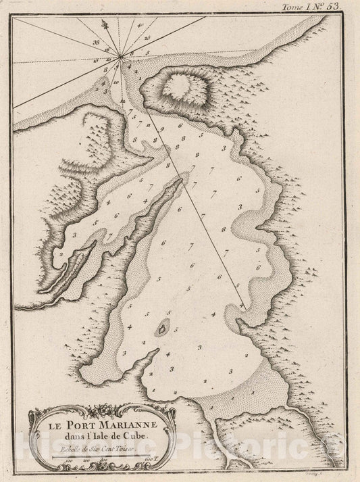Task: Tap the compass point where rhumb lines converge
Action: point(120,57)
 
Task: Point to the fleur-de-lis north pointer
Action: point(104,25)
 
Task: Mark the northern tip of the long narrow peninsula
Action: point(183,178)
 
